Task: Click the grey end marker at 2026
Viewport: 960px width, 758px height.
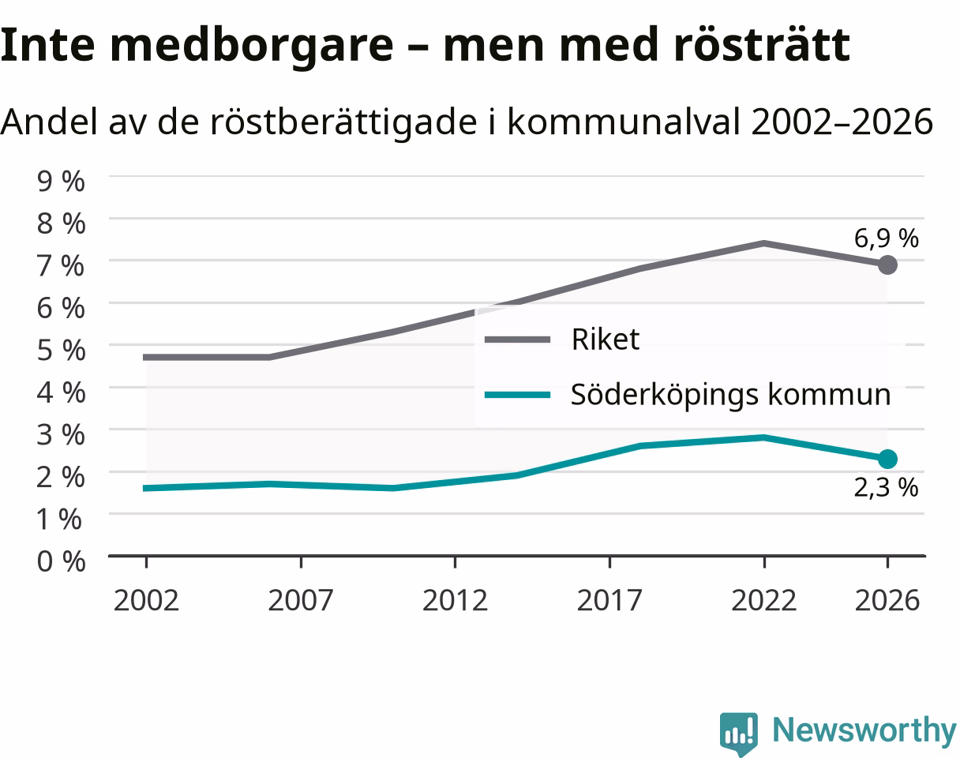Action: coord(887,265)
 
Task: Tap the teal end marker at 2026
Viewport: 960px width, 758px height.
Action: coord(887,459)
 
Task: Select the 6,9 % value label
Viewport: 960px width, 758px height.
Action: coord(886,238)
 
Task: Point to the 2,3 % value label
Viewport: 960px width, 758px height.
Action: coord(886,487)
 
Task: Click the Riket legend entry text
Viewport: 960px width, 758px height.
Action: coord(606,340)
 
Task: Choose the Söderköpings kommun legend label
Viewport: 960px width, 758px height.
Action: coord(731,395)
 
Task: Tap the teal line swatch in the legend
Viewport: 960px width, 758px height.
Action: coord(517,395)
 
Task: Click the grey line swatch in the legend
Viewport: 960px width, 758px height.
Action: coord(517,340)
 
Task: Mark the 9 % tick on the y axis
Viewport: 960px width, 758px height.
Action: coord(61,181)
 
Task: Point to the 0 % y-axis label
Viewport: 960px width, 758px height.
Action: coord(61,561)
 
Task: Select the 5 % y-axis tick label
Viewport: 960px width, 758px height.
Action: coord(61,351)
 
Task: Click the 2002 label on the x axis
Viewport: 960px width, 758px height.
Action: coord(146,600)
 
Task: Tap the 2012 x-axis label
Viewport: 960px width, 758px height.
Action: coord(455,600)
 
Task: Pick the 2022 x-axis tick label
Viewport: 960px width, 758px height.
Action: coord(763,600)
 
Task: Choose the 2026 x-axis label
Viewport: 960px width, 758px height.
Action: coord(887,600)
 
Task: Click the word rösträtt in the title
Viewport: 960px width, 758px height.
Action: coord(762,45)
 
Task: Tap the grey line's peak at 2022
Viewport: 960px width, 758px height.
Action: coord(763,243)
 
